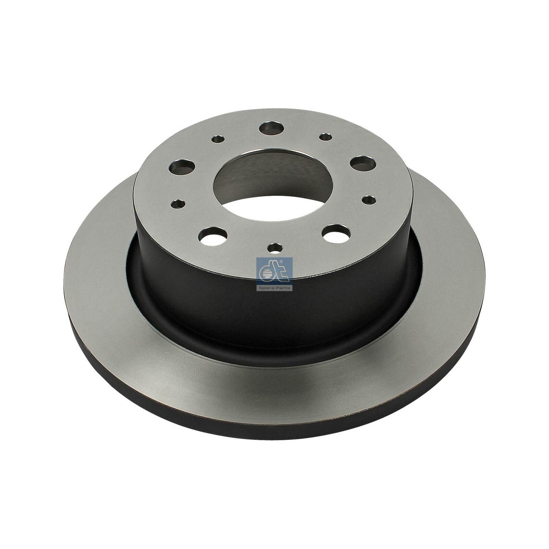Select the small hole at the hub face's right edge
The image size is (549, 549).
[369, 199]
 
